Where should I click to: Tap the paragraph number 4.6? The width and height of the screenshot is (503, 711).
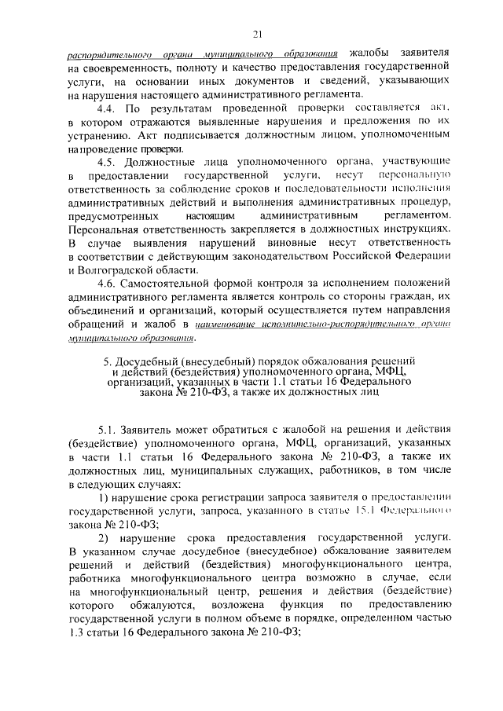(x=108, y=284)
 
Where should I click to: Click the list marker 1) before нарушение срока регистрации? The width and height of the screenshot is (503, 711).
(x=103, y=500)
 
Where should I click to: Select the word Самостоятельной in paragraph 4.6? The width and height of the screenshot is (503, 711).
(x=171, y=284)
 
